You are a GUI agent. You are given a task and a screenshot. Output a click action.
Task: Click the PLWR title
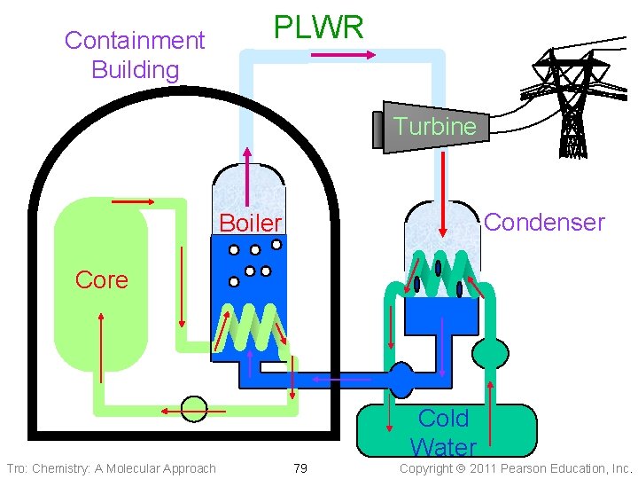click(318, 27)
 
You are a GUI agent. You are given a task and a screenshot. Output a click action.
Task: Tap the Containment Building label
click(135, 54)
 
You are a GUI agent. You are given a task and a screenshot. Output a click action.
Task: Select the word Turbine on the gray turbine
click(435, 126)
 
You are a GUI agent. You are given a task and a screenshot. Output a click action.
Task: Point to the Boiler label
click(250, 223)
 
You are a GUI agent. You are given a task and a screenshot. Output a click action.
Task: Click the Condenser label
click(544, 222)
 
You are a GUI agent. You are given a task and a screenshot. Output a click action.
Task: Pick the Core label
click(101, 279)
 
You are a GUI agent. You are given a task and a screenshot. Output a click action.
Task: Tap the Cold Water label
click(443, 432)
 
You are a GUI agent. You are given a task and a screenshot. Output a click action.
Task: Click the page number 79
click(300, 467)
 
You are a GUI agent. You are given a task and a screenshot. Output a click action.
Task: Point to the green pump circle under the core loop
click(193, 409)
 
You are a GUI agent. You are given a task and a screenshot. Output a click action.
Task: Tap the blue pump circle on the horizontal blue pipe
click(402, 379)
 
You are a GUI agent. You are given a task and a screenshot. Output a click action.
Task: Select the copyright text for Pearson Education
click(517, 467)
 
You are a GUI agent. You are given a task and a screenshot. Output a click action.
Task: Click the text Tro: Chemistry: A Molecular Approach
click(111, 467)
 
